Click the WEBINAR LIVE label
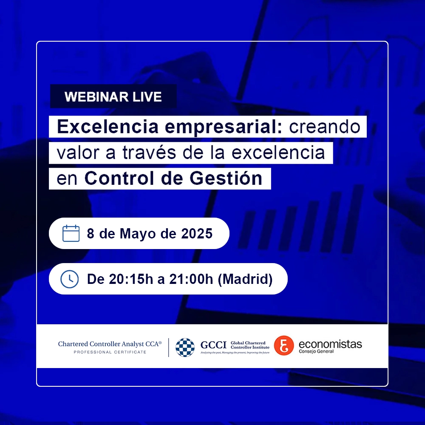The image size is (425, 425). (x=113, y=97)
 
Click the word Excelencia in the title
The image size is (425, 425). (x=108, y=127)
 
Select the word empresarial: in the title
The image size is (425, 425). (x=224, y=127)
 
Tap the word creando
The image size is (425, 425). (x=325, y=127)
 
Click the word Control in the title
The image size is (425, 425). (x=119, y=178)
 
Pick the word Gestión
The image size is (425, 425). (x=226, y=178)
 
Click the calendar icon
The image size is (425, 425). (x=71, y=233)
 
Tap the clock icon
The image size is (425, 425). (x=70, y=279)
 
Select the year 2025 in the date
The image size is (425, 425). (x=197, y=233)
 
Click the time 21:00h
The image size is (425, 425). (x=191, y=279)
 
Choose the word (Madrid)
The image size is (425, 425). (x=245, y=279)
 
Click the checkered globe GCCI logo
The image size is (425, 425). (x=185, y=348)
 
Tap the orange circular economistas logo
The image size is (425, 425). (x=284, y=346)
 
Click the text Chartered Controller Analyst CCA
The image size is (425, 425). (x=110, y=344)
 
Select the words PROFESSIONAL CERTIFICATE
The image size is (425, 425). (x=110, y=352)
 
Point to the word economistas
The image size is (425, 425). (x=330, y=344)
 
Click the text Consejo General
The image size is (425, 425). (x=316, y=351)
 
